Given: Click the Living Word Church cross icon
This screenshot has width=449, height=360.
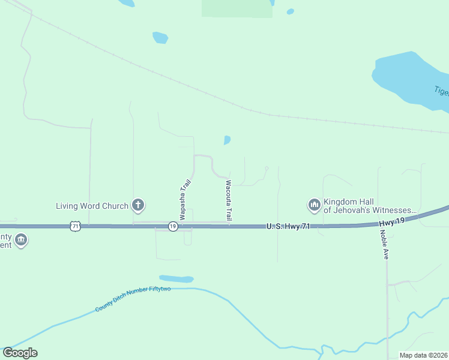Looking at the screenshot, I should pos(138,206).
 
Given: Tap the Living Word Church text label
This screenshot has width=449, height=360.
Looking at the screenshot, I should pos(92,206).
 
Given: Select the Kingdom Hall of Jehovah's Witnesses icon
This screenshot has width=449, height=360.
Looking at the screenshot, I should pos(314,206).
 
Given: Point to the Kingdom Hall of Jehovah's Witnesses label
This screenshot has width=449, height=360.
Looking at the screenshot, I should pos(369,206).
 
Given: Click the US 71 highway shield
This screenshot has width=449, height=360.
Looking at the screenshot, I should pos(74,226).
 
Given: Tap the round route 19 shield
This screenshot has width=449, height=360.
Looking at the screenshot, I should pos(172,227).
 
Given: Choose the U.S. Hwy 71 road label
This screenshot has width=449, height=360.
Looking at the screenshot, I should pos(288,226).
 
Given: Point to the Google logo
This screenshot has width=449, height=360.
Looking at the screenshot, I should pos(20,353).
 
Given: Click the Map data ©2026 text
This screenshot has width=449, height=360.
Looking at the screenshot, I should pos(422,355).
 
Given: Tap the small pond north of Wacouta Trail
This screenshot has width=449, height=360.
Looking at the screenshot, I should pos(227,140).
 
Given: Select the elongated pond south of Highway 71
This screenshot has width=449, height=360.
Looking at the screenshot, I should pos(176,279).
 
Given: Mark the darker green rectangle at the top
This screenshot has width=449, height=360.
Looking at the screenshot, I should pos(236,8).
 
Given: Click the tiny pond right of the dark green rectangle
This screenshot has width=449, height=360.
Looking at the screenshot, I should pos(291,11).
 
